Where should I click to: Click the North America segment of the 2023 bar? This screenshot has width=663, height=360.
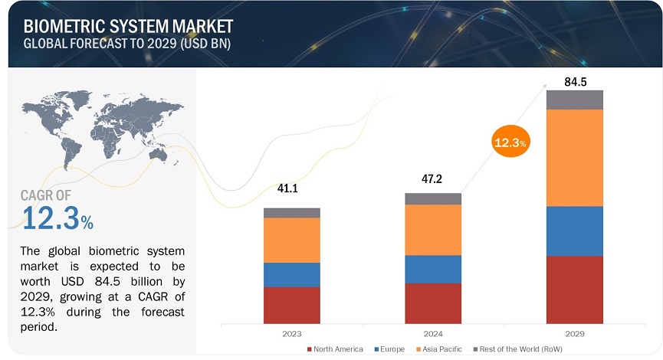291,305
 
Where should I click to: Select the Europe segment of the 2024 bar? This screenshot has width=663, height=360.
433,269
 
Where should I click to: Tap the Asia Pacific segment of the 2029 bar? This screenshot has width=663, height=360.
574,158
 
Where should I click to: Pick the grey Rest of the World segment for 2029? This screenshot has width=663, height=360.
574,100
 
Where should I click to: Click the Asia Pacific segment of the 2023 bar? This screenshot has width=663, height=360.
291,240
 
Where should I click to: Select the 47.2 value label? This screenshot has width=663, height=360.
433,181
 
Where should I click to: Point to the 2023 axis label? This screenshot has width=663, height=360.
291,334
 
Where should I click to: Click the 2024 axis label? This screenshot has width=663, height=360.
433,334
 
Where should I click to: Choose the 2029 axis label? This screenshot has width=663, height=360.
574,334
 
